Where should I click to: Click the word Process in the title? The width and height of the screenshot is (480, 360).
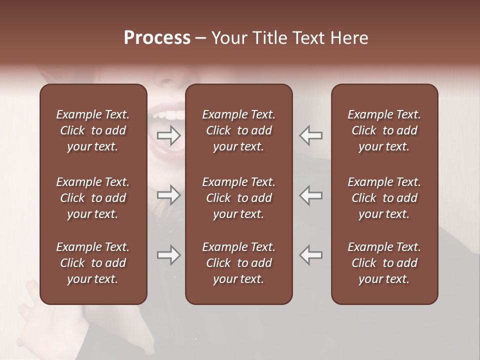[x=157, y=38]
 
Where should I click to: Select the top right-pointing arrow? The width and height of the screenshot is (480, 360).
[x=169, y=135]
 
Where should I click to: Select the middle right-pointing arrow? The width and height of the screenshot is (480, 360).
[x=169, y=195]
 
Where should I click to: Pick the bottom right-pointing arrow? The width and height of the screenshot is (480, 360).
[x=169, y=255]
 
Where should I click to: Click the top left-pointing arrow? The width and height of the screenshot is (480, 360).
[x=311, y=135]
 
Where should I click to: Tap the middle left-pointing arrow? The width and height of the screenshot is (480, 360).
[x=311, y=195]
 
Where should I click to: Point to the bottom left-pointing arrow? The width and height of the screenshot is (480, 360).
[x=311, y=255]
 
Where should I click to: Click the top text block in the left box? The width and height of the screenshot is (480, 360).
[x=93, y=130]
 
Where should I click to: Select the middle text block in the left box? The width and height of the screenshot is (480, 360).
[x=93, y=198]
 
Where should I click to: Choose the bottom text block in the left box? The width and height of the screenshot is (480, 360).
[x=93, y=263]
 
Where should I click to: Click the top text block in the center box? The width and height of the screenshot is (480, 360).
[x=238, y=130]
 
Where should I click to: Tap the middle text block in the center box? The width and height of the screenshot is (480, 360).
[x=238, y=198]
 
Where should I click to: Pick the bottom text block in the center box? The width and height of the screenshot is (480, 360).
[x=238, y=263]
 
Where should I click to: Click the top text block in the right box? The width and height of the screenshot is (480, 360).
[x=384, y=130]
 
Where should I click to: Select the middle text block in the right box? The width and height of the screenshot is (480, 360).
[x=384, y=198]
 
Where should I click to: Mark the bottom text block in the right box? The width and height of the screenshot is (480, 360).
[x=384, y=263]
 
